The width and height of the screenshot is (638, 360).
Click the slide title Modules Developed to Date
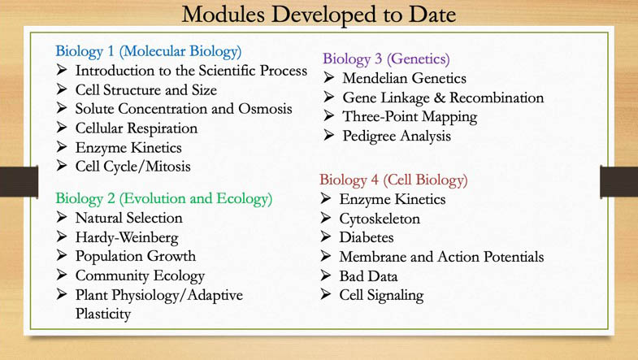pos(319,14)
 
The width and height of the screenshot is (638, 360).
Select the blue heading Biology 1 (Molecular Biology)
pos(148,51)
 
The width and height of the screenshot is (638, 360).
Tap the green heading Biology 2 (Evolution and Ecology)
pos(163,198)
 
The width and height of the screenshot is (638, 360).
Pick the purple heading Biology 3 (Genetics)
pos(385,59)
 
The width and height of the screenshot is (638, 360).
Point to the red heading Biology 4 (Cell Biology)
pos(393,180)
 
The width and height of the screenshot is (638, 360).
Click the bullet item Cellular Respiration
pos(136,128)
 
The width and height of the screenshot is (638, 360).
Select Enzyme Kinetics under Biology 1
pos(128,148)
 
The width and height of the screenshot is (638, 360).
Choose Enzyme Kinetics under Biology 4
pos(392,199)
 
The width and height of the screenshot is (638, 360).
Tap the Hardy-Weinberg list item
pos(126,237)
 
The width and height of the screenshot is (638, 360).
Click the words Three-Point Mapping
pos(409,116)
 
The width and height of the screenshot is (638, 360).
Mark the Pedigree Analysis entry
pos(396,136)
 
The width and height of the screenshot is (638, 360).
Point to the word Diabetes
pos(366,237)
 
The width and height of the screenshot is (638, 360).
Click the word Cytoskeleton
pos(380,219)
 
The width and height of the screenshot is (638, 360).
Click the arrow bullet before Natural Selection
pos(63,218)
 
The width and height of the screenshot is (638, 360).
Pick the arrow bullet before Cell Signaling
pos(326,295)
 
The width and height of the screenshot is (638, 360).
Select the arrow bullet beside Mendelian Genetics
pos(328,78)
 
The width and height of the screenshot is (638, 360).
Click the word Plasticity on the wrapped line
pos(103,314)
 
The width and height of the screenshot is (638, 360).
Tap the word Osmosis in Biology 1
pos(265,109)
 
